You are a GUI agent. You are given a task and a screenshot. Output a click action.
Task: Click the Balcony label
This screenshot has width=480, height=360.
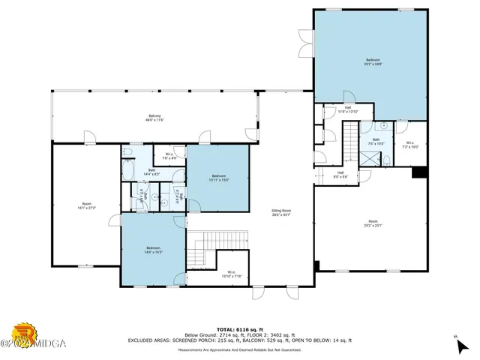154,117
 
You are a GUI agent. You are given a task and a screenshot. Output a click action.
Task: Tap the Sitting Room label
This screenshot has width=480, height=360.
281,213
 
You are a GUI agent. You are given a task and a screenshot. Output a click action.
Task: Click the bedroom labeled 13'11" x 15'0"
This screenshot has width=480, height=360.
219,178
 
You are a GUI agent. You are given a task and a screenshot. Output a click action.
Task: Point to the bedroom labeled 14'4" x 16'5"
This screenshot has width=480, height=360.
153,250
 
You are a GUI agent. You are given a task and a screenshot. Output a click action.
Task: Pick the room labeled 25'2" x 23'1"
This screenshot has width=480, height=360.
373,223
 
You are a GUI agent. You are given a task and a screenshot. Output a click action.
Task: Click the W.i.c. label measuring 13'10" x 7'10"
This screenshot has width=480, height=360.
231,274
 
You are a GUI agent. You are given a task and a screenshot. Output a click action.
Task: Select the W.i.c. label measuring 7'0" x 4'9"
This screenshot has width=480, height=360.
169,156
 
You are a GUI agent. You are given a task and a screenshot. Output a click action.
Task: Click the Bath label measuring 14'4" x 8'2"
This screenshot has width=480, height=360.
151,172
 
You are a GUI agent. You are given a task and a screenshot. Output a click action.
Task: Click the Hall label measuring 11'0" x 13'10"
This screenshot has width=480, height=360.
349,109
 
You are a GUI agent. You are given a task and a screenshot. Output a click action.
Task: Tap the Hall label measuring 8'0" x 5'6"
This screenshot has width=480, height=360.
340,175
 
